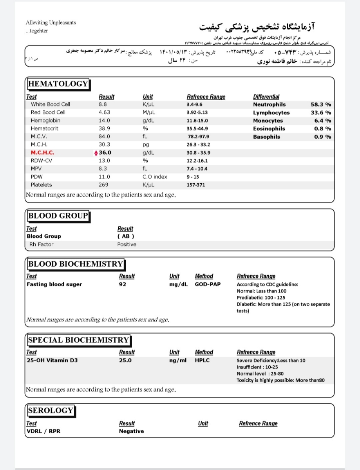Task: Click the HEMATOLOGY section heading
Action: (58, 84)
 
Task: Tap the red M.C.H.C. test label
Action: (42, 153)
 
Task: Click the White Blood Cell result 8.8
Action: (103, 105)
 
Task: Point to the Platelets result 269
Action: (103, 185)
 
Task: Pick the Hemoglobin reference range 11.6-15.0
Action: (197, 121)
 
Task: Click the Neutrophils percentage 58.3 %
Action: (320, 105)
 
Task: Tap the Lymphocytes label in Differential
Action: (271, 113)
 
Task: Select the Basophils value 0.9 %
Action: (322, 137)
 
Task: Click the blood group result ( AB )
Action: (126, 236)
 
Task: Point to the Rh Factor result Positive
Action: (127, 244)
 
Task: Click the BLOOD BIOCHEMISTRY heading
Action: (75, 264)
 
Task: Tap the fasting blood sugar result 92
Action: (123, 284)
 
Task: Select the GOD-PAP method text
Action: (208, 284)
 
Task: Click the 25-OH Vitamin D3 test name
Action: (52, 360)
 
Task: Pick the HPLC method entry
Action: (202, 360)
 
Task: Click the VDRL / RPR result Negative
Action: (131, 431)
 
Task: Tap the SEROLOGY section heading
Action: (50, 410)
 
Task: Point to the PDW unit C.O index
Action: (155, 177)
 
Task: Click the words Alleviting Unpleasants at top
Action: (51, 23)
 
